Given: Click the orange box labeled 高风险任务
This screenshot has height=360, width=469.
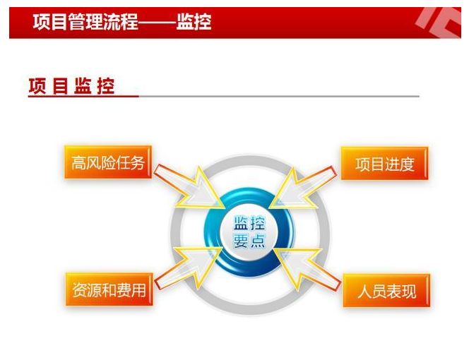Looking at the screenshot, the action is (x=108, y=162).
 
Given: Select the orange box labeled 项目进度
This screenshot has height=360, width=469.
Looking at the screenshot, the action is (x=385, y=164).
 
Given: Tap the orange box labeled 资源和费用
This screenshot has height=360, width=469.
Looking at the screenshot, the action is (x=109, y=289).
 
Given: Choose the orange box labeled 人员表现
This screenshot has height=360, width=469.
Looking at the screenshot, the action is (x=386, y=291).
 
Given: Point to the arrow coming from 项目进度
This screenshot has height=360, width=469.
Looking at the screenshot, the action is (x=302, y=188).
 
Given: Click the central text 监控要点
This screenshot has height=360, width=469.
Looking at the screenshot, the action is (x=249, y=232).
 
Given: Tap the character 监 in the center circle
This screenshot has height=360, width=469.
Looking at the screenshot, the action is (x=241, y=223).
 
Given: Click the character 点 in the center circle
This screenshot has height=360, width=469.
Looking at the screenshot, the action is (x=258, y=241).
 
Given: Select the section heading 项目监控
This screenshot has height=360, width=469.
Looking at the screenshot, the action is (x=72, y=87).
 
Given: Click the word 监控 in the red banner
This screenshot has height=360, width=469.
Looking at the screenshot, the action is (x=194, y=22).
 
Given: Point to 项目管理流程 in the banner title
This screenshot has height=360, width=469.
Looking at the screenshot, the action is (x=85, y=22).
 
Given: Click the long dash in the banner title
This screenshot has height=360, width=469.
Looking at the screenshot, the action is (x=158, y=23).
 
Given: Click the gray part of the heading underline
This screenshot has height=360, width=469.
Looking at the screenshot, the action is (x=279, y=96).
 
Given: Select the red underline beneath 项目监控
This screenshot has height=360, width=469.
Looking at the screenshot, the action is (x=83, y=96).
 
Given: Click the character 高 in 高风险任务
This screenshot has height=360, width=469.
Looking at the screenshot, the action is (x=79, y=163).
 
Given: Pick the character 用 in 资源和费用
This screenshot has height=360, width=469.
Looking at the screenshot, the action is (x=138, y=290).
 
